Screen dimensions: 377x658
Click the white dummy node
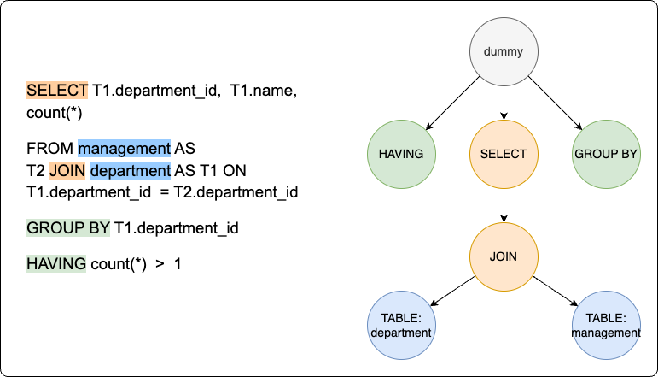coord(504,51)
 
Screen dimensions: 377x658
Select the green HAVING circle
coord(401,154)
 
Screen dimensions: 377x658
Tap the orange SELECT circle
coord(504,154)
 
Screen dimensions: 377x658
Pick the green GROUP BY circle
coord(606,154)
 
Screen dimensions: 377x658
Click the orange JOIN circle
coord(504,256)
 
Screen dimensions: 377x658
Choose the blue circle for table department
coord(401,325)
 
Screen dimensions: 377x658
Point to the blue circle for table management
coord(606,325)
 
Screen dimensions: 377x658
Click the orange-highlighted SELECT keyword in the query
coord(57,90)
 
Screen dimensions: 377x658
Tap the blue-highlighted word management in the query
coord(125,148)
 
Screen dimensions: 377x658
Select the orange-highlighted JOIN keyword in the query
coord(67,170)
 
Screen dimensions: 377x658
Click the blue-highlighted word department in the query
coord(131,170)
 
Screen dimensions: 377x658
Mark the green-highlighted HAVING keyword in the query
coord(56,263)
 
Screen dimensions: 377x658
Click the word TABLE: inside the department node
coord(401,318)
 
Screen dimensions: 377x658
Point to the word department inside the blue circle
coord(401,333)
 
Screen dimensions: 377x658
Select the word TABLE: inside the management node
coord(606,318)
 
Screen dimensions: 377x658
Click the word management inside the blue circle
coord(606,333)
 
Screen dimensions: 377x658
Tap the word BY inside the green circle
coord(628,155)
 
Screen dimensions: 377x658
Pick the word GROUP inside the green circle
coord(595,155)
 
